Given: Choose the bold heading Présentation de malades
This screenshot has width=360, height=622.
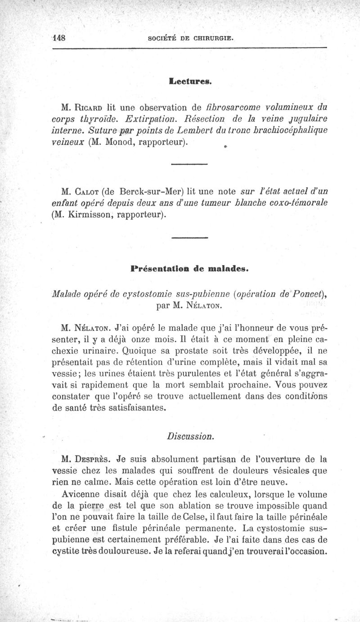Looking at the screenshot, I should point(189,270).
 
